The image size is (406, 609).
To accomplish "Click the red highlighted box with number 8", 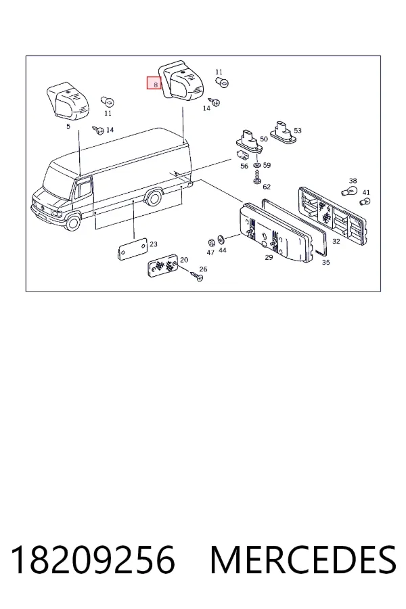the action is tap(154, 83).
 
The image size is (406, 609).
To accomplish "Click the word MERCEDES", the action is tap(303, 560).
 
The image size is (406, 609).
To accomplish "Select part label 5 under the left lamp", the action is tap(68, 127).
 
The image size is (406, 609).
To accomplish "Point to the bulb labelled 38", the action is tap(348, 191).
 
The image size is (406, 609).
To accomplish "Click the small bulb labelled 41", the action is tap(365, 202).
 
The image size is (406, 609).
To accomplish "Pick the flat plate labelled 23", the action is tap(133, 249).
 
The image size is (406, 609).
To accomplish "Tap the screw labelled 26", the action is tap(197, 276).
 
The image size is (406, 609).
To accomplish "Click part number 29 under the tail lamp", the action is tap(269, 257).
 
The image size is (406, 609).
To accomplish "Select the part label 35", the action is tap(326, 262).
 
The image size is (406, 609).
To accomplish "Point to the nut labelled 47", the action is tap(212, 242).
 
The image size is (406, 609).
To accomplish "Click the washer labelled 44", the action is tap(221, 238).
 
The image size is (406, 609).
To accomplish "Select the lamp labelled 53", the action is tap(284, 130).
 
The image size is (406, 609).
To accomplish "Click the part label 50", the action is tap(264, 139).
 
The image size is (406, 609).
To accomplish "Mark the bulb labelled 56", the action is tap(243, 156).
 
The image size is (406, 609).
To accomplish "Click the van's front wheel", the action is tap(72, 223).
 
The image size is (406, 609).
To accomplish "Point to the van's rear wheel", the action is tap(154, 198).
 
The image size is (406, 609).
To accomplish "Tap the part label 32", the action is tap(336, 241).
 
